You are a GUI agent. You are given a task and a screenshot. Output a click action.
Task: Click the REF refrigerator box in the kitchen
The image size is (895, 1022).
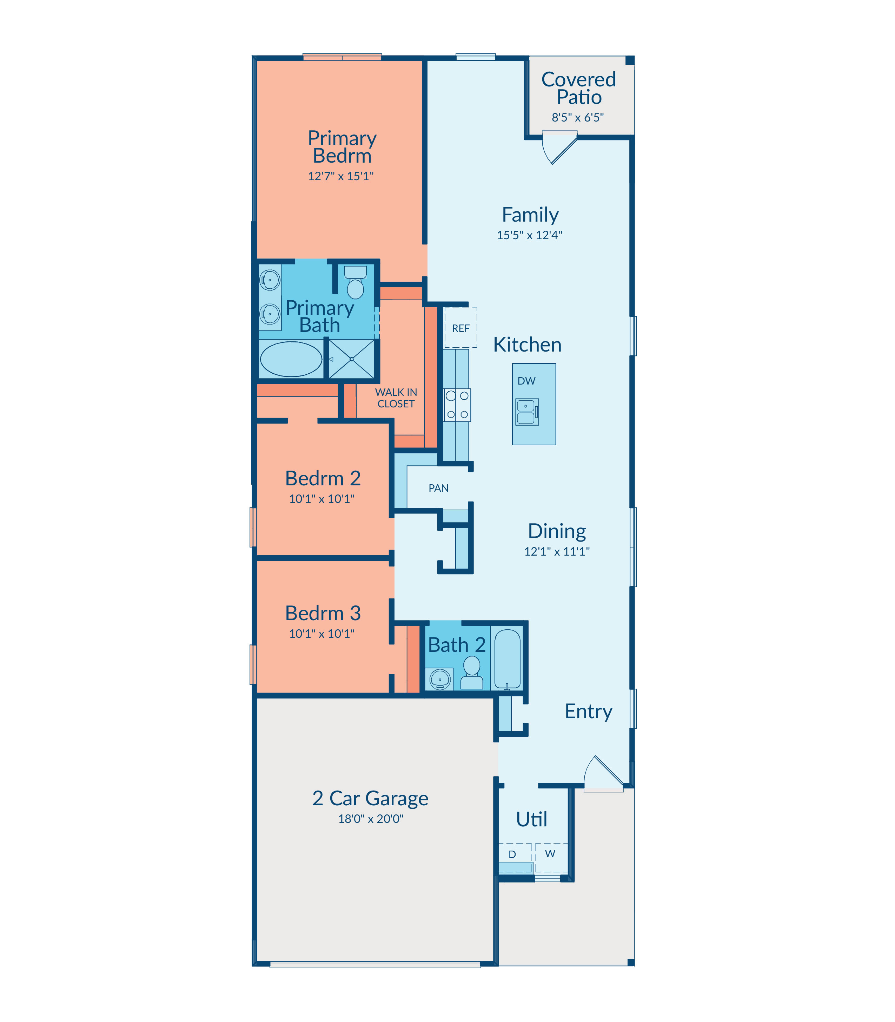460,327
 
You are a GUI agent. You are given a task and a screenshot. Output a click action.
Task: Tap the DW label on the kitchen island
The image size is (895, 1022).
526,381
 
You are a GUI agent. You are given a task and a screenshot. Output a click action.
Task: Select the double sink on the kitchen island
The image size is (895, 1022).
527,412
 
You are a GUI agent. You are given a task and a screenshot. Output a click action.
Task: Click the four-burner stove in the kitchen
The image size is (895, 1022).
457,405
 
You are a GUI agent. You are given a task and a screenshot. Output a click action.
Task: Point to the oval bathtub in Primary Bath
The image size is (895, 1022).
291,359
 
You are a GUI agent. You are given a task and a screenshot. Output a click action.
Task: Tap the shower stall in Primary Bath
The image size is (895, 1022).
352,359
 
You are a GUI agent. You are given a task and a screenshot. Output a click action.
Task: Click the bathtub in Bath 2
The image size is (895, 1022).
508,659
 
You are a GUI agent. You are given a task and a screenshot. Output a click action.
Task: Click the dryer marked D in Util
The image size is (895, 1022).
515,858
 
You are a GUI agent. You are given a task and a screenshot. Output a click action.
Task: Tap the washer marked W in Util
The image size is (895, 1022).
551,858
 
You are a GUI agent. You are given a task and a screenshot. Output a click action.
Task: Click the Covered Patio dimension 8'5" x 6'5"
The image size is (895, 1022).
578,117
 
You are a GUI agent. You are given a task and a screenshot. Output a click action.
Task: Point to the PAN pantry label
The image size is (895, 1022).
438,488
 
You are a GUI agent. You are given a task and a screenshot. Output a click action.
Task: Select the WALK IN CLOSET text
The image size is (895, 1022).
396,398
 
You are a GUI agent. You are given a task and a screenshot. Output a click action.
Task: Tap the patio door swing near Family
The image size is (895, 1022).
560,148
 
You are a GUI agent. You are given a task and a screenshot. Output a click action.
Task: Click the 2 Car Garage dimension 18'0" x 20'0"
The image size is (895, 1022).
371,819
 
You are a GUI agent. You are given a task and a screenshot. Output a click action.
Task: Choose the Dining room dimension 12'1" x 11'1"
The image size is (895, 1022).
557,551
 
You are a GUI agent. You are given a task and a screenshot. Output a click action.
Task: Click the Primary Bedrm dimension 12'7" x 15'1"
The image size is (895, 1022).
340,176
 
